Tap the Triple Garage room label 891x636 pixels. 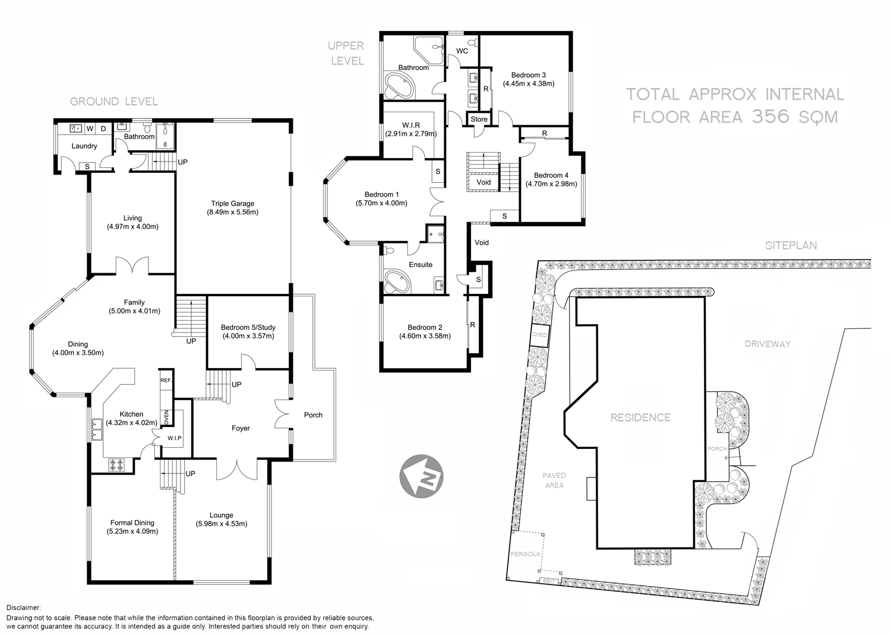tap(232, 203)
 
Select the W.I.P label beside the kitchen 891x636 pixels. tap(174, 438)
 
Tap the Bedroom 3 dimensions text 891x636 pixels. tap(528, 84)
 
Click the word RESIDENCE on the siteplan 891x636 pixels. tap(640, 417)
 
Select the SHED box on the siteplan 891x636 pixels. tap(539, 336)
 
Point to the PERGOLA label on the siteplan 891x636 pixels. tap(525, 554)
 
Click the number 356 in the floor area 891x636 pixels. tap(770, 116)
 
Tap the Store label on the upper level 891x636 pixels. tap(479, 119)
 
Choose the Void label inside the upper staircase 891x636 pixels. tap(484, 182)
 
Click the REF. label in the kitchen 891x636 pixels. tap(165, 381)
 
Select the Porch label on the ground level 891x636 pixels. tap(313, 415)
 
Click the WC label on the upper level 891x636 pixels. tap(462, 51)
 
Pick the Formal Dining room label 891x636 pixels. tap(132, 523)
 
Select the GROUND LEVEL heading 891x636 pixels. tap(113, 102)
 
